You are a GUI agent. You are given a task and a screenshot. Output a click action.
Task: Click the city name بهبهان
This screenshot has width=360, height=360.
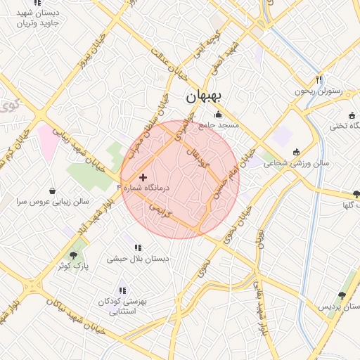coord(203,96)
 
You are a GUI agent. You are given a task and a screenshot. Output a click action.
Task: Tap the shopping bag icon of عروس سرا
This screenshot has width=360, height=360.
coord(53,190)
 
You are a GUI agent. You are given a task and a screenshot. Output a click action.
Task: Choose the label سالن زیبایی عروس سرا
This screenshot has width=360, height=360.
coord(53,201)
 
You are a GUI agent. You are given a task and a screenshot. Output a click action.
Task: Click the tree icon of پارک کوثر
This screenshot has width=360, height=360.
coord(73,255)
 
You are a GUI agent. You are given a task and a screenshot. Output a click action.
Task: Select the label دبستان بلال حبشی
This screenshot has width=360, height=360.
coord(138,259)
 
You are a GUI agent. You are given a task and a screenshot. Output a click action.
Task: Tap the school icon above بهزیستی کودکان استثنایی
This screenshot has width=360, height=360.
coord(122,290)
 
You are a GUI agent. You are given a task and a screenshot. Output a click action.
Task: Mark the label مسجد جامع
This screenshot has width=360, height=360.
coord(219,125)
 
